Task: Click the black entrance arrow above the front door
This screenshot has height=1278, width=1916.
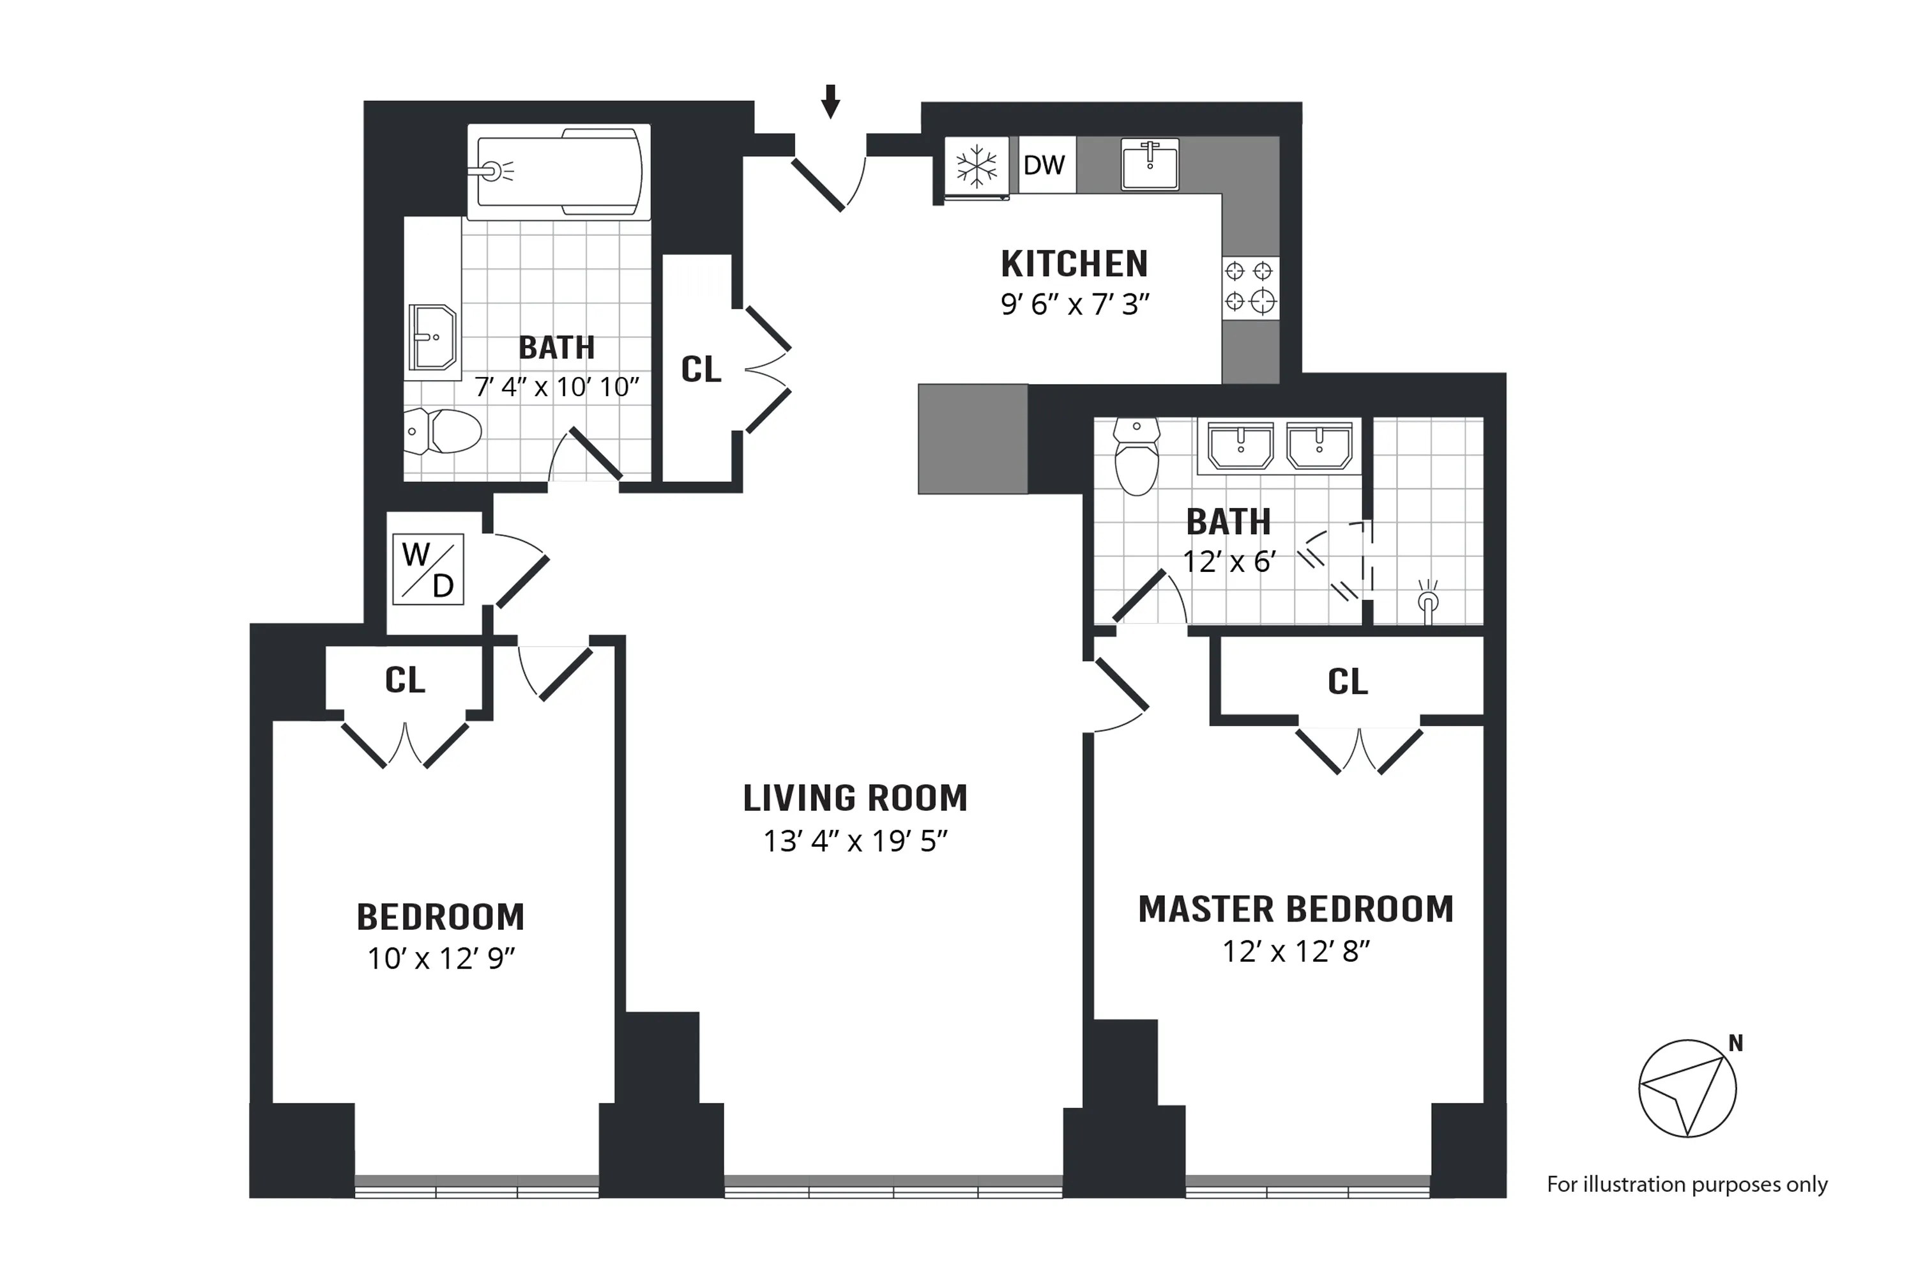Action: [x=830, y=102]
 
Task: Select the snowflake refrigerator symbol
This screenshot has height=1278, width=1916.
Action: [x=976, y=166]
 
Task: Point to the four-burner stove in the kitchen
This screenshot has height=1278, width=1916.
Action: [x=1250, y=287]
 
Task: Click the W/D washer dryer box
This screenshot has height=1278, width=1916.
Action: [x=429, y=569]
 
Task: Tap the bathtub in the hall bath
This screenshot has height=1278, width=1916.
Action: [x=559, y=171]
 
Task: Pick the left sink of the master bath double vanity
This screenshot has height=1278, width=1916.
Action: [x=1240, y=446]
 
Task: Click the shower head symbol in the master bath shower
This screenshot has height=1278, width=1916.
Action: [x=1427, y=601]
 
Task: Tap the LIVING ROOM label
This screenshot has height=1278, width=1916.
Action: [x=855, y=798]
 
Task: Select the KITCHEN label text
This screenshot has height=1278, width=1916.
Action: [x=1074, y=264]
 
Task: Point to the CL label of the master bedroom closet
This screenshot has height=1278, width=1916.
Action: [x=1348, y=681]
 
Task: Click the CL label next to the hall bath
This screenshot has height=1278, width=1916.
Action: [x=701, y=369]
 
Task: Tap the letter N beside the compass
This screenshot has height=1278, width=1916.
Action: [x=1735, y=1043]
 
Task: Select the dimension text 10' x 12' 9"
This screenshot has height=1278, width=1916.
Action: [x=441, y=958]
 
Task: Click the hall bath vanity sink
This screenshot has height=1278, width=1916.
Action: [x=432, y=337]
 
